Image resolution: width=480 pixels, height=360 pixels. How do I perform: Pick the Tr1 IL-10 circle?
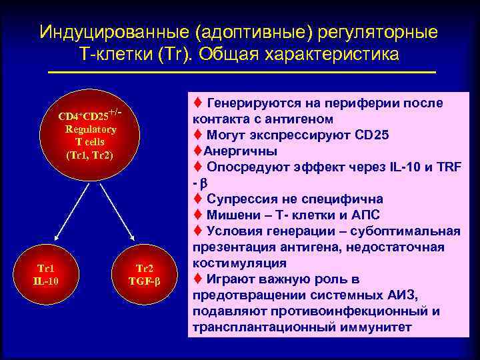[45, 273]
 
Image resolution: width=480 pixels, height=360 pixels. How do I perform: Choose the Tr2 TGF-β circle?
[145, 273]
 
